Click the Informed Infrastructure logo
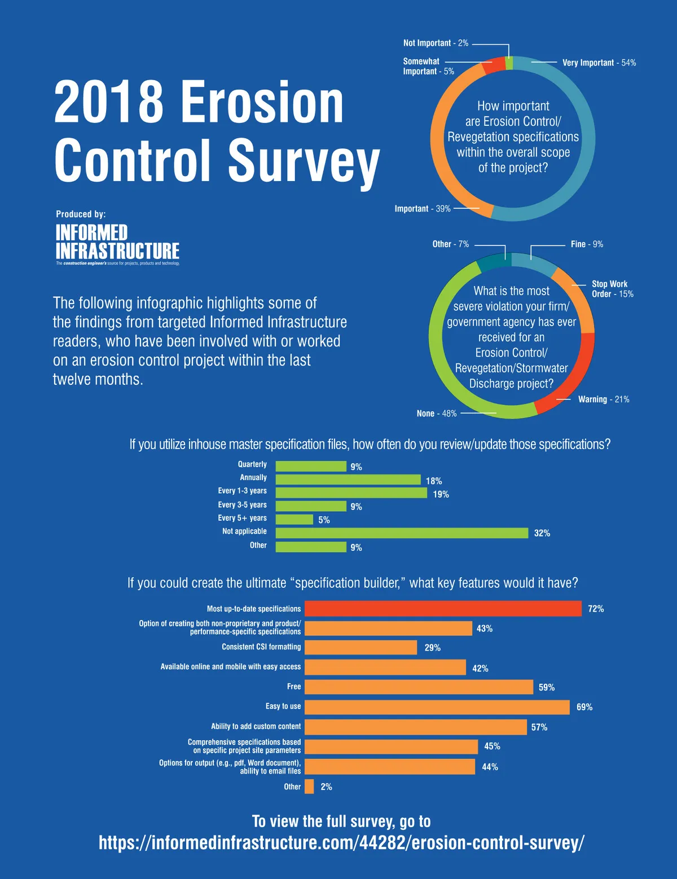pos(117,243)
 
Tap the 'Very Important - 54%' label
pos(599,63)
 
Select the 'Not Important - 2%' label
pos(436,43)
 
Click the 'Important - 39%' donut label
pos(423,209)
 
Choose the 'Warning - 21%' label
pos(603,399)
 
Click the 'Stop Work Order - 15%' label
pos(612,289)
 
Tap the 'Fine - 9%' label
pos(587,244)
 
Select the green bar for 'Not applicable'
pos(402,533)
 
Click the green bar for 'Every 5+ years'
pos(294,520)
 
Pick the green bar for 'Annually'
pos(348,480)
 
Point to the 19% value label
pos(441,494)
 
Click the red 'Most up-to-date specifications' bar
pos(443,609)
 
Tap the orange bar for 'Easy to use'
pos(437,707)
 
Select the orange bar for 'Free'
pos(419,687)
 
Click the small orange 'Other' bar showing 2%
pos(309,786)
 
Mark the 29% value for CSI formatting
pos(432,648)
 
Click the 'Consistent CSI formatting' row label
pos(261,647)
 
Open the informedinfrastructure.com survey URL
pos(341,843)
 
